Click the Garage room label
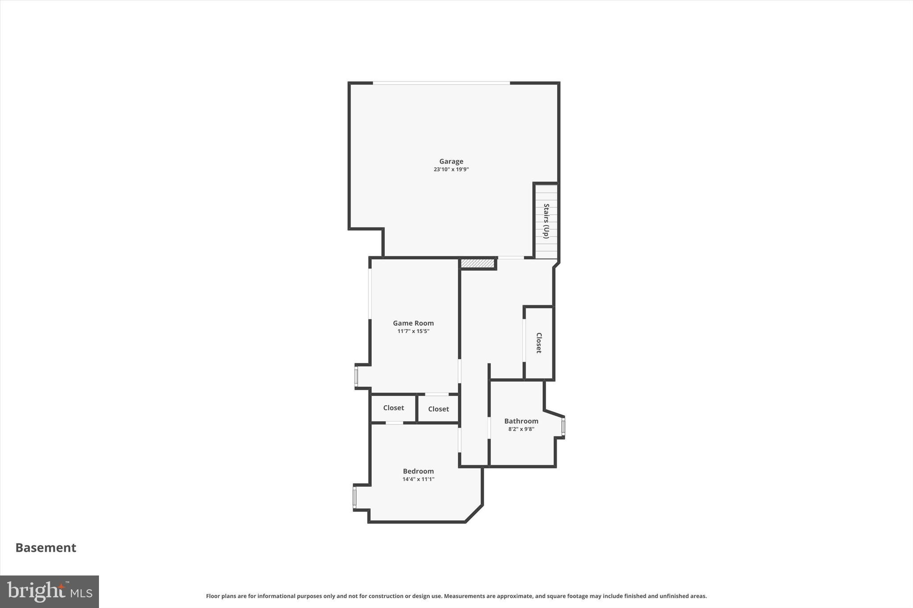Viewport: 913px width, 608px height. [x=451, y=161]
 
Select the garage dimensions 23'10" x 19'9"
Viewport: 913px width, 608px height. [x=451, y=170]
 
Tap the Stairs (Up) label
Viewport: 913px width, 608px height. [x=546, y=221]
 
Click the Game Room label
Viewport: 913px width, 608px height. [x=413, y=323]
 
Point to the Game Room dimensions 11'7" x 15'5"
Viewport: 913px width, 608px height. [x=413, y=331]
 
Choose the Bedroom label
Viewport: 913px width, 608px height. [x=418, y=471]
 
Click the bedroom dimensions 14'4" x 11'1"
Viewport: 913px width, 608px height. [x=418, y=479]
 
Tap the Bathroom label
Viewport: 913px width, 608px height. [x=521, y=421]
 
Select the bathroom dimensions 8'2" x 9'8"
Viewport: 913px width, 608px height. [x=521, y=429]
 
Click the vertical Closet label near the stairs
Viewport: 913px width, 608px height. [x=539, y=343]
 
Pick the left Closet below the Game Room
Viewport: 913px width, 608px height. [x=394, y=408]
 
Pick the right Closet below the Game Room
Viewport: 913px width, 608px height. [x=438, y=409]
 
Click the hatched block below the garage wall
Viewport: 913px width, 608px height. [x=477, y=264]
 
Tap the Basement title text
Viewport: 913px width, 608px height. [x=46, y=547]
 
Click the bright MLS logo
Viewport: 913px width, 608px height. [x=49, y=592]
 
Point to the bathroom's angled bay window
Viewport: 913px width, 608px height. [x=563, y=427]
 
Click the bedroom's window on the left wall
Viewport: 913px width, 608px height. [x=355, y=497]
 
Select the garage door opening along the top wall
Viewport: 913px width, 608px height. [x=441, y=83]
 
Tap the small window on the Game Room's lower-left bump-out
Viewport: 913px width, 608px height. [x=356, y=376]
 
